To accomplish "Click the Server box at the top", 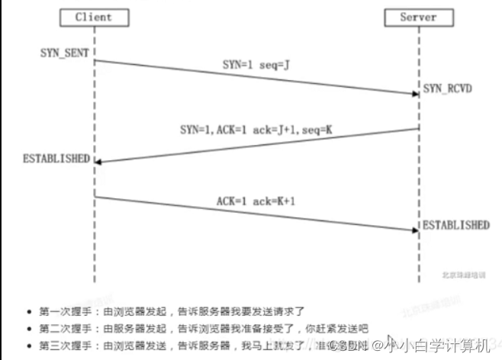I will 417,17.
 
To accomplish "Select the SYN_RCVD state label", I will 448,88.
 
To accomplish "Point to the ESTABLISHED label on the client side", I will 56,159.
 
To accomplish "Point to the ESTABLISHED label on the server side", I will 456,225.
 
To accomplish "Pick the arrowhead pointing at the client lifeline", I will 100,161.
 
